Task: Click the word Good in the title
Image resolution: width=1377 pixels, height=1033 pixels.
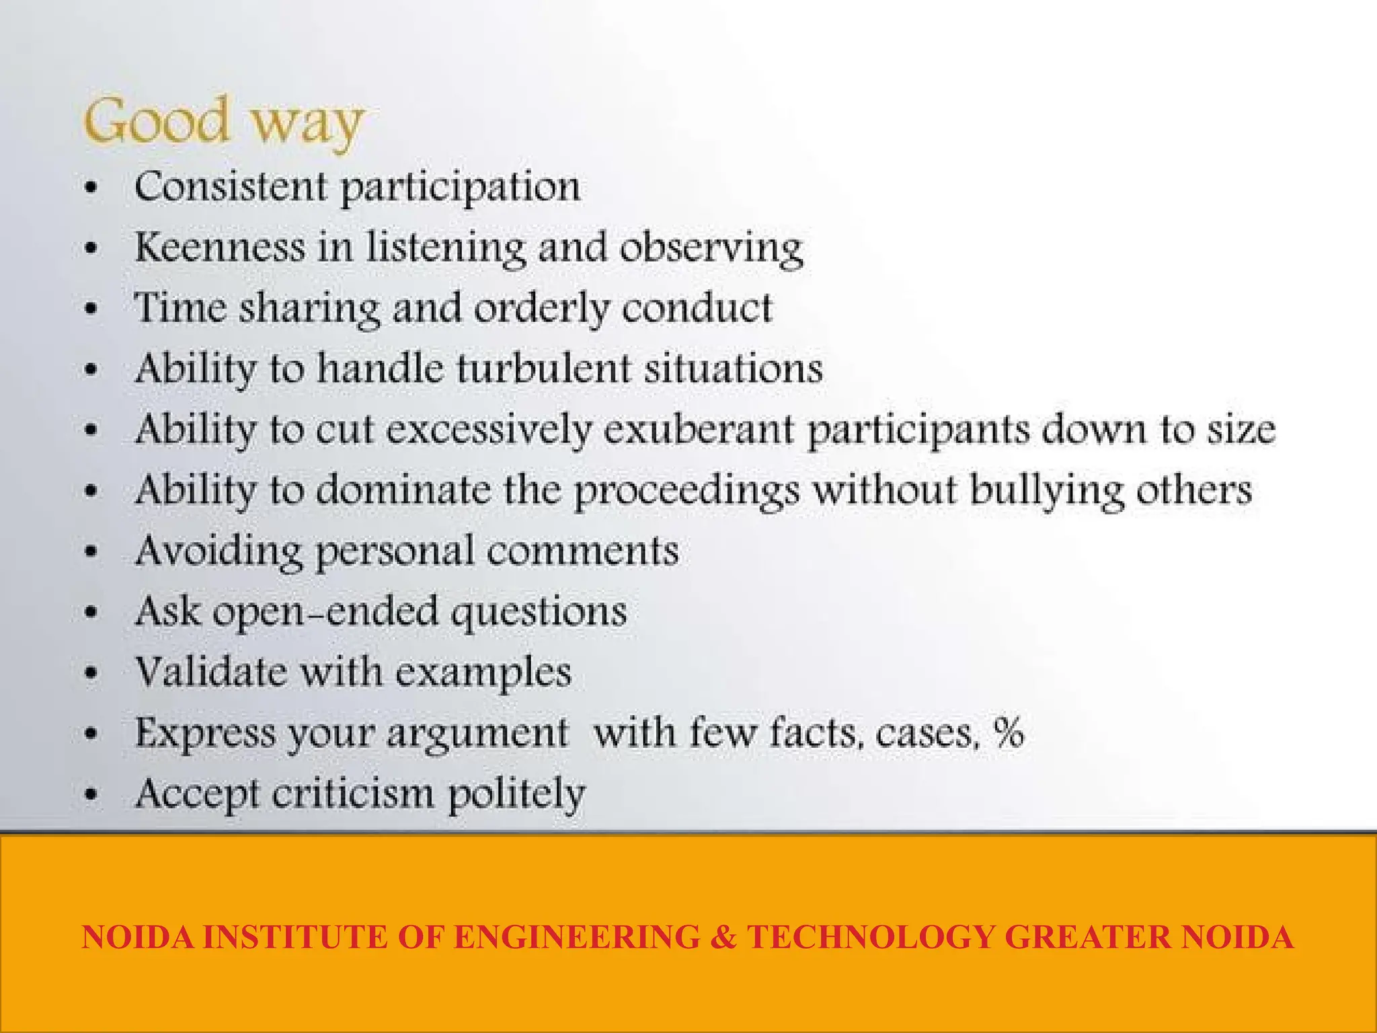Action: tap(156, 121)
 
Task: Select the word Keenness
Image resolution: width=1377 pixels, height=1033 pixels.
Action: tap(220, 247)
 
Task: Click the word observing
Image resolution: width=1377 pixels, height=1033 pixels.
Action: tap(711, 249)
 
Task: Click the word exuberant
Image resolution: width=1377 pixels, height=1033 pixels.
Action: tap(699, 430)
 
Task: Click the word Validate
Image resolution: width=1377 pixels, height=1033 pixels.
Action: tap(211, 671)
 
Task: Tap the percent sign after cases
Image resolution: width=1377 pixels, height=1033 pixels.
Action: tap(1009, 732)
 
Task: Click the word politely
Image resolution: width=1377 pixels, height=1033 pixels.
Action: tap(516, 795)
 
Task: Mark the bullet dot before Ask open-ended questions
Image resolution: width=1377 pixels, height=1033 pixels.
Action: tap(92, 613)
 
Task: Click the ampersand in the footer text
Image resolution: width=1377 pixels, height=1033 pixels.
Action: tap(723, 938)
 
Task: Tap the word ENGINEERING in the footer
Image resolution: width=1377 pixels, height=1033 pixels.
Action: tap(577, 938)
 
